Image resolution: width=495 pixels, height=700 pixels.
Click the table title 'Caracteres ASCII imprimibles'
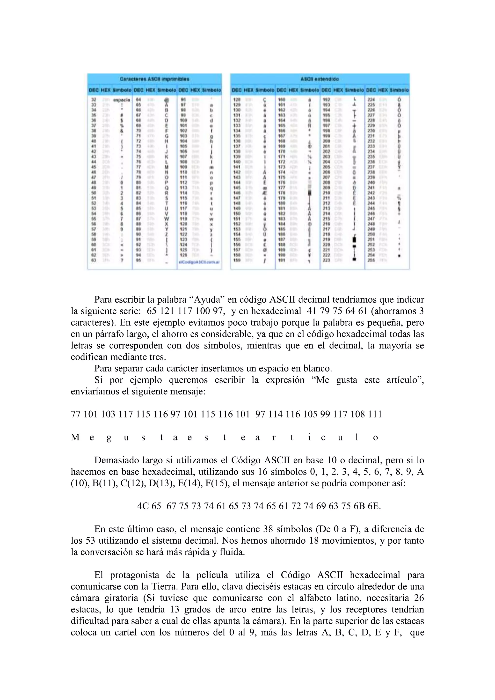click(x=154, y=79)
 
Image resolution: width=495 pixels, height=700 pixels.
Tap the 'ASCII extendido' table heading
click(x=320, y=79)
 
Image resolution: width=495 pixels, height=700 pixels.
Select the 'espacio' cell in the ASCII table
click(x=121, y=100)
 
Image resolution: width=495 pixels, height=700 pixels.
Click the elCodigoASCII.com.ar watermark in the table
click(x=199, y=262)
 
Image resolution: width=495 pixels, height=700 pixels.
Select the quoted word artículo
click(x=405, y=380)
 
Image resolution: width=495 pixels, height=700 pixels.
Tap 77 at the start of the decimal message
click(x=76, y=414)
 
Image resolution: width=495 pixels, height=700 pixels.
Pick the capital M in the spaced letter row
click(x=75, y=437)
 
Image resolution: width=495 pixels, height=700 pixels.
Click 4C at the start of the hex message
click(x=143, y=506)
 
